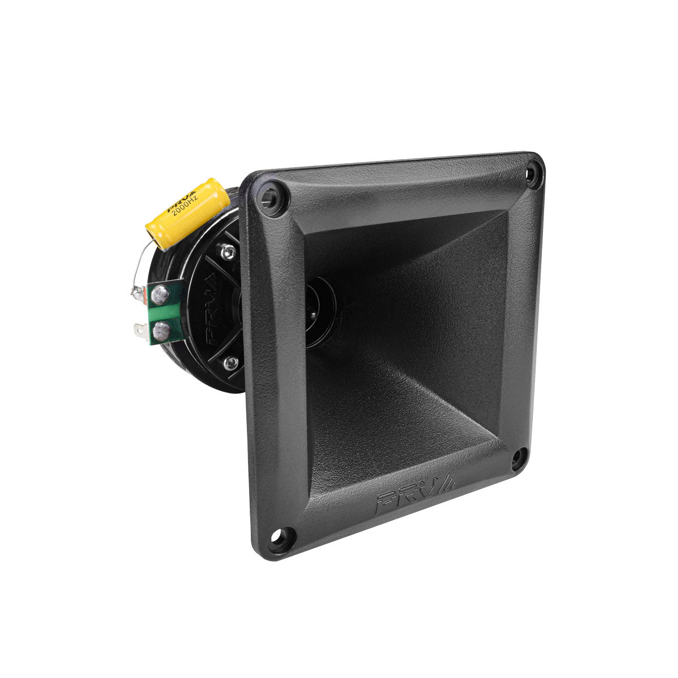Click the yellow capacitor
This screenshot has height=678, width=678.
(x=188, y=214)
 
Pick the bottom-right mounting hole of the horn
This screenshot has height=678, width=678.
(x=519, y=459)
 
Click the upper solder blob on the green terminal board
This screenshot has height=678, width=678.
(x=161, y=293)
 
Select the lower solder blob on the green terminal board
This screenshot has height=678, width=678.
(x=160, y=329)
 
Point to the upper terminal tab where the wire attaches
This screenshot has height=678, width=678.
(x=137, y=293)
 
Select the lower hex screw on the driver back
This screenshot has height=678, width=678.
(x=230, y=363)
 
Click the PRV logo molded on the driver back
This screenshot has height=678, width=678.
(x=212, y=316)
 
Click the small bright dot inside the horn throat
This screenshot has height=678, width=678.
(x=310, y=308)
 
